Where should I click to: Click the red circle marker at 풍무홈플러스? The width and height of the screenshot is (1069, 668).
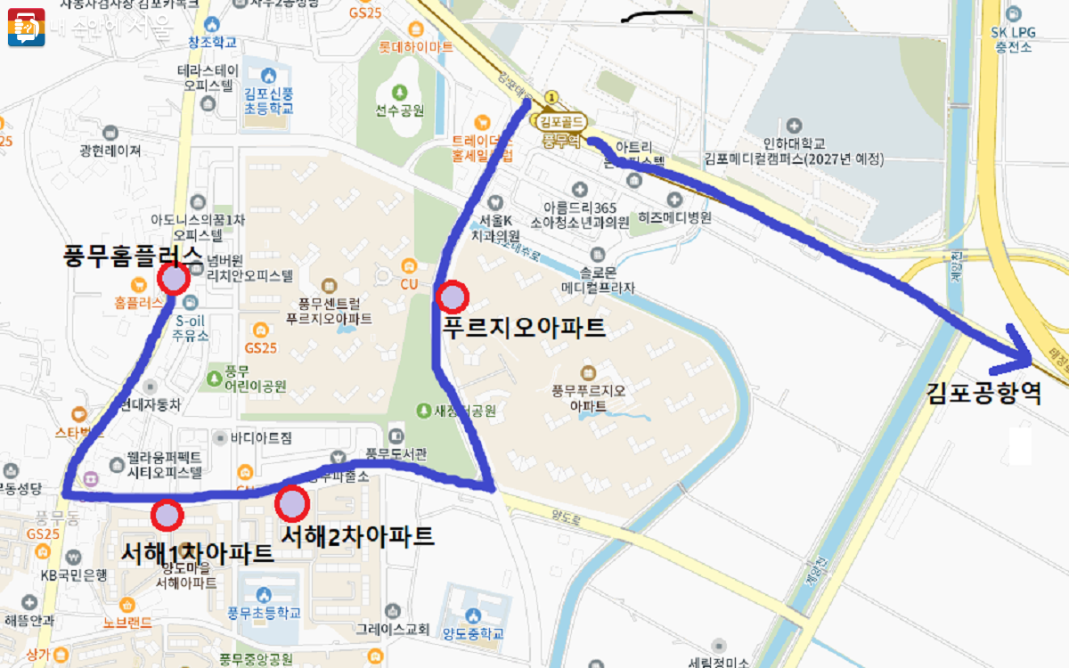point(173,280)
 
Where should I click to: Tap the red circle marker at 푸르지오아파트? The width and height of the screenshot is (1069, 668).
point(453,296)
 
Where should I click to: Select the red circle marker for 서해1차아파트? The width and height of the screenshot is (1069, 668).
point(167,514)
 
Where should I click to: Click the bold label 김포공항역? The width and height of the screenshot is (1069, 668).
point(983,393)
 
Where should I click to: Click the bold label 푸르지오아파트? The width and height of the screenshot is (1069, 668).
point(524,328)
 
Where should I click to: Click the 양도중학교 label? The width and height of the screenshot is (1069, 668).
point(472,633)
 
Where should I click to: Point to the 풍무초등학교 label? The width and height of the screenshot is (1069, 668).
point(263,613)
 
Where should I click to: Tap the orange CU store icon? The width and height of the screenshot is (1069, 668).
point(409,265)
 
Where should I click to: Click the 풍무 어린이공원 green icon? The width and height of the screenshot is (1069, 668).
point(214,378)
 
